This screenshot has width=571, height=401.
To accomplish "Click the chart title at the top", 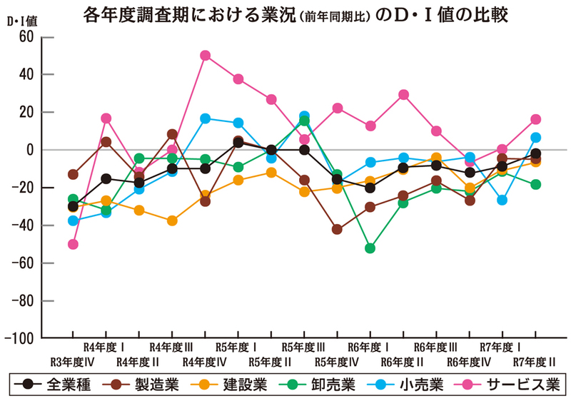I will click(x=295, y=14).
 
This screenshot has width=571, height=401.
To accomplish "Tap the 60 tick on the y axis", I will click(x=25, y=36).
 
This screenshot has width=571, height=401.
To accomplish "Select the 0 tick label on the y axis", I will click(x=29, y=150).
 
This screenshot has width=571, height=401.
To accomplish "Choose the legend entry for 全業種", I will click(x=57, y=384).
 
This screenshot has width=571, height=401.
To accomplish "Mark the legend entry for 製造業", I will click(x=142, y=384).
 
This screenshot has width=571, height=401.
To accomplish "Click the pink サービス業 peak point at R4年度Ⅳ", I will click(x=206, y=55).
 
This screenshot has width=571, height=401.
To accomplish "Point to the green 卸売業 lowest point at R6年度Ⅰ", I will click(x=370, y=248).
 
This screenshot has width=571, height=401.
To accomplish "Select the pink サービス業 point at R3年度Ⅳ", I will click(x=73, y=244).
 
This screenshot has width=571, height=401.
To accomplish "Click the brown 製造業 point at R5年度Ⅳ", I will click(x=338, y=230).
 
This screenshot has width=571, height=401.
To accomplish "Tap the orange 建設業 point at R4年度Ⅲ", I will click(x=172, y=220).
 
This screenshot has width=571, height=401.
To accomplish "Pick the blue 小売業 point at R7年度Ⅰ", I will click(x=502, y=200).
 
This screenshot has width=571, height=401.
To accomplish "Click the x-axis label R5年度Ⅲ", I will click(x=304, y=347).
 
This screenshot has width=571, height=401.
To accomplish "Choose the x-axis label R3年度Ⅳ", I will click(x=74, y=361).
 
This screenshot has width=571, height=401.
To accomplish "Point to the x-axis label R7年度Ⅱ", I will click(x=535, y=361).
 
